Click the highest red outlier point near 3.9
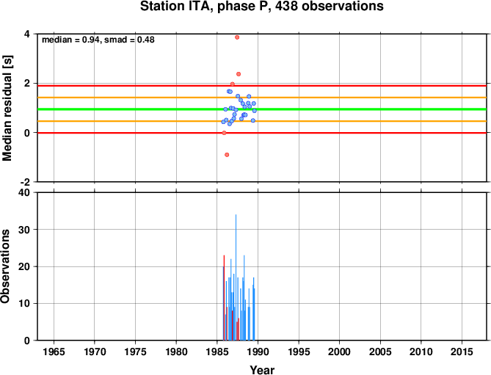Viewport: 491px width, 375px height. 237,37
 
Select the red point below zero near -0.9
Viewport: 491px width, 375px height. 227,155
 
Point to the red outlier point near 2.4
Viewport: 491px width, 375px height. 239,74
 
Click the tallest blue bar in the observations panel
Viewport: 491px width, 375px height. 236,277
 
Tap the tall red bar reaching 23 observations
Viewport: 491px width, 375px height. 224,298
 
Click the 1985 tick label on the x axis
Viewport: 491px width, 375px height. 217,352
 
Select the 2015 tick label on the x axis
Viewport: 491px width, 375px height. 462,352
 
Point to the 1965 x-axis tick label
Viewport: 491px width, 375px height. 54,352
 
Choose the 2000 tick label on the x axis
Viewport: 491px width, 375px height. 339,352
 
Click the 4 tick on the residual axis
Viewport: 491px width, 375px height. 27,34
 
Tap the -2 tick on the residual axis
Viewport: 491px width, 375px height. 25,182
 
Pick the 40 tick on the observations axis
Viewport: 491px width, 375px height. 24,192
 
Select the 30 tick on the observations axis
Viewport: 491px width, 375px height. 24,230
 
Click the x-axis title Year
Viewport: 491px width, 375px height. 262,370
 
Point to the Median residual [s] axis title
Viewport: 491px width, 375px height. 7,109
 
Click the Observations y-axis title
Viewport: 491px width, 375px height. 5,266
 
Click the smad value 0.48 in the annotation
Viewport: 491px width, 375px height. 146,40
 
